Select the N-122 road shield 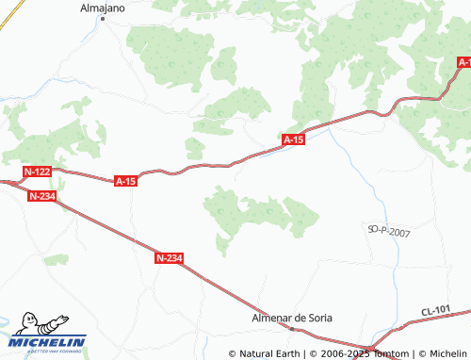tap(37, 172)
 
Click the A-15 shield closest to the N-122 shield tap(126, 180)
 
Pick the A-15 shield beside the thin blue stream tap(294, 139)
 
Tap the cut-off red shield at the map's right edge tap(464, 62)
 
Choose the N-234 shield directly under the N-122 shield tap(42, 196)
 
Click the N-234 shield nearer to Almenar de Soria tap(170, 257)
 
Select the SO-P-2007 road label tap(388, 230)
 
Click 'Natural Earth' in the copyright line tap(269, 353)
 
